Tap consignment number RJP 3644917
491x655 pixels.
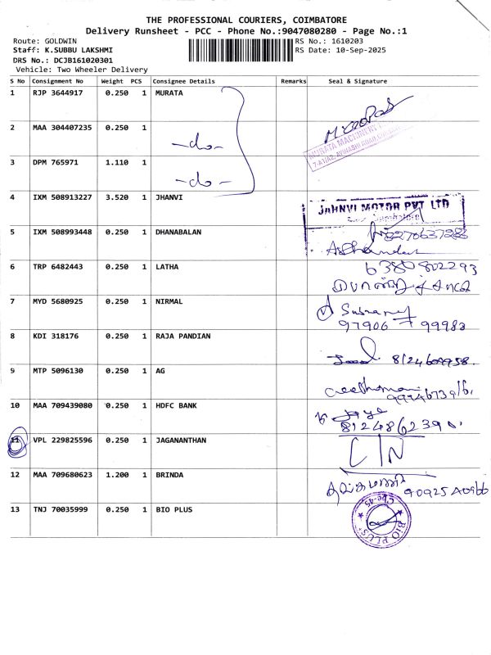[57, 93]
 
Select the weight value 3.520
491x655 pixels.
[117, 197]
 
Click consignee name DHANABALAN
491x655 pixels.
[178, 232]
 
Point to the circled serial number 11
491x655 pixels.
[15, 440]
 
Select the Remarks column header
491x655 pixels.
[293, 82]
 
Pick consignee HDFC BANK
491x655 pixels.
[174, 405]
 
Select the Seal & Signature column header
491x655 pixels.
[358, 82]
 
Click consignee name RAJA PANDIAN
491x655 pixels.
[182, 336]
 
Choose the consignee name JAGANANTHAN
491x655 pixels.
[181, 440]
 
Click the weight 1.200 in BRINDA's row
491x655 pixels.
[117, 475]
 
